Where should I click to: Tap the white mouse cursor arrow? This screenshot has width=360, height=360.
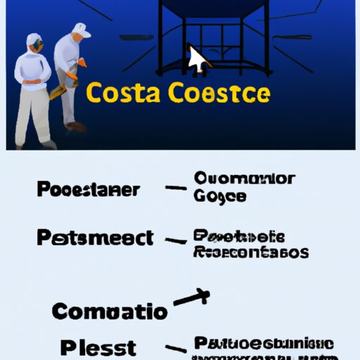click(x=197, y=60)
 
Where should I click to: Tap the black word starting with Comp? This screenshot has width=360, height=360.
click(x=110, y=311)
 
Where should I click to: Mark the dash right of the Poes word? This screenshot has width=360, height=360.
click(x=174, y=189)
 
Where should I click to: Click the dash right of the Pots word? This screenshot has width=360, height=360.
click(x=174, y=241)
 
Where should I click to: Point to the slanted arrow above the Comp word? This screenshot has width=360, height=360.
click(x=191, y=297)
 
